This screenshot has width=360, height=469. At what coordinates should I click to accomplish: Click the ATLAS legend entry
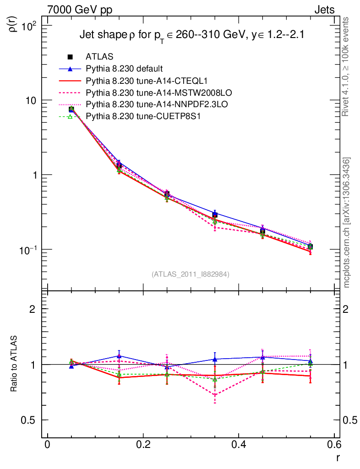pyautogui.click(x=99, y=57)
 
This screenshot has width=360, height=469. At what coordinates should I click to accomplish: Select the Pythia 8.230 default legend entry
pyautogui.click(x=124, y=69)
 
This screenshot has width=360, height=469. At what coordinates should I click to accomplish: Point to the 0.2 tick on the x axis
pyautogui.click(x=143, y=444)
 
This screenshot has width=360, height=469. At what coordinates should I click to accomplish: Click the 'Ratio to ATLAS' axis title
pyautogui.click(x=14, y=364)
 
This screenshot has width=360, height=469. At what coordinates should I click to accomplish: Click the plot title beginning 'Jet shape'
pyautogui.click(x=192, y=35)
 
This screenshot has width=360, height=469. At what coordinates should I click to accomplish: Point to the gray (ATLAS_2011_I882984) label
pyautogui.click(x=191, y=274)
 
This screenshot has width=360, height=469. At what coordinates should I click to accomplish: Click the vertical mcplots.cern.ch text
pyautogui.click(x=347, y=222)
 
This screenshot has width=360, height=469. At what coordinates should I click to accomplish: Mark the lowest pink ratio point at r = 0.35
pyautogui.click(x=214, y=395)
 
